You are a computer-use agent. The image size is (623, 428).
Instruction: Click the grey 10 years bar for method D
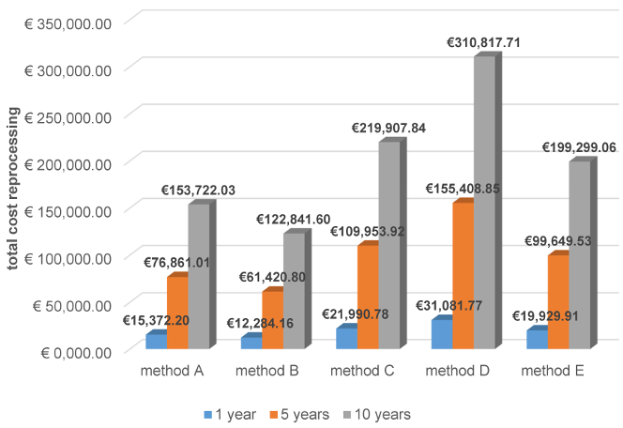coord(485,202)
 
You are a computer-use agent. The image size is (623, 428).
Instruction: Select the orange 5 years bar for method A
coord(176,313)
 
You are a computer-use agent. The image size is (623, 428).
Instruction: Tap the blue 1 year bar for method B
coord(250,344)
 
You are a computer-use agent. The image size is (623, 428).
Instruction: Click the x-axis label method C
coord(361,372)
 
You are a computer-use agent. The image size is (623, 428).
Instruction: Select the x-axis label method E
coord(554,372)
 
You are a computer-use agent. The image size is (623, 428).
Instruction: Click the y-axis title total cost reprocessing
coord(13,188)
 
